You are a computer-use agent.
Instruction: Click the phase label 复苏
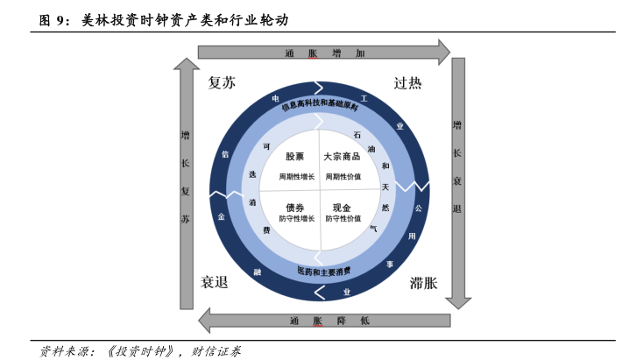pos(222,83)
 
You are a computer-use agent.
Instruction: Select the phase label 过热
pos(407,83)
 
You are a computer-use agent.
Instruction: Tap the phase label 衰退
pos(215,282)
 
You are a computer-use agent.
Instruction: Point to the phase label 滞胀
pos(423,283)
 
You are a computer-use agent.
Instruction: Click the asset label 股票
pos(294,157)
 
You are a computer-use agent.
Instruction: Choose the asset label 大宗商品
pos(342,157)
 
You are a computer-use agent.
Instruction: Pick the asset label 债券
pos(294,208)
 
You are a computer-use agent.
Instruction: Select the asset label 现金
pos(342,208)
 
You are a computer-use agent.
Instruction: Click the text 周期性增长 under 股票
pos(297,177)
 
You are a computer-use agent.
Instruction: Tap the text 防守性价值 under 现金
pos(343,218)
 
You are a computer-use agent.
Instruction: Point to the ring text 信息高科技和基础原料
pos(320,104)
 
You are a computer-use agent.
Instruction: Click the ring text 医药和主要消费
pos(324,272)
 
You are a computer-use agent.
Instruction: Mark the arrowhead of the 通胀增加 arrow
pos(444,52)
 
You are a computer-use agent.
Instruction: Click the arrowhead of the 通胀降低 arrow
pos(204,321)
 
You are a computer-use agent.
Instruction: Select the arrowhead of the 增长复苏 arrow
pos(187,63)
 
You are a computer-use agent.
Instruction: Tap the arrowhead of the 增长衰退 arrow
pos(458,303)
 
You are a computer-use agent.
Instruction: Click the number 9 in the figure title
pos(60,20)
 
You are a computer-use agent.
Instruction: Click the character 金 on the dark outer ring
pos(222,216)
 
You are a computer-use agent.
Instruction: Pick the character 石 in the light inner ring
pos(357,135)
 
